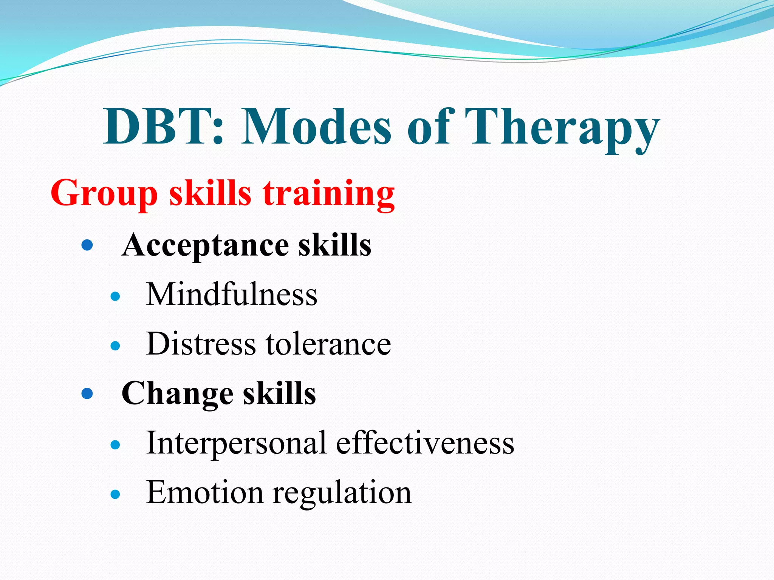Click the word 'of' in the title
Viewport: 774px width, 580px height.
(429, 126)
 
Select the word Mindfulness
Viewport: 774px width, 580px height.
(232, 295)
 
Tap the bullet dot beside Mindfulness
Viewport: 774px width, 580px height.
(115, 296)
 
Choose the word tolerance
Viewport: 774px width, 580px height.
(328, 344)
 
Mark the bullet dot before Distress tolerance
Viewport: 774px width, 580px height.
(115, 346)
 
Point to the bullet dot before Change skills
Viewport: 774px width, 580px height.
(87, 394)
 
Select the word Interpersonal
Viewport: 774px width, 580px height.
(236, 443)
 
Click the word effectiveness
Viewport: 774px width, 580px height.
(425, 443)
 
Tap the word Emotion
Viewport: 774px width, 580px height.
(204, 492)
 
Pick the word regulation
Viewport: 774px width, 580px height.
(342, 493)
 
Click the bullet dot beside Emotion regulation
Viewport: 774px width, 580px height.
(115, 494)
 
